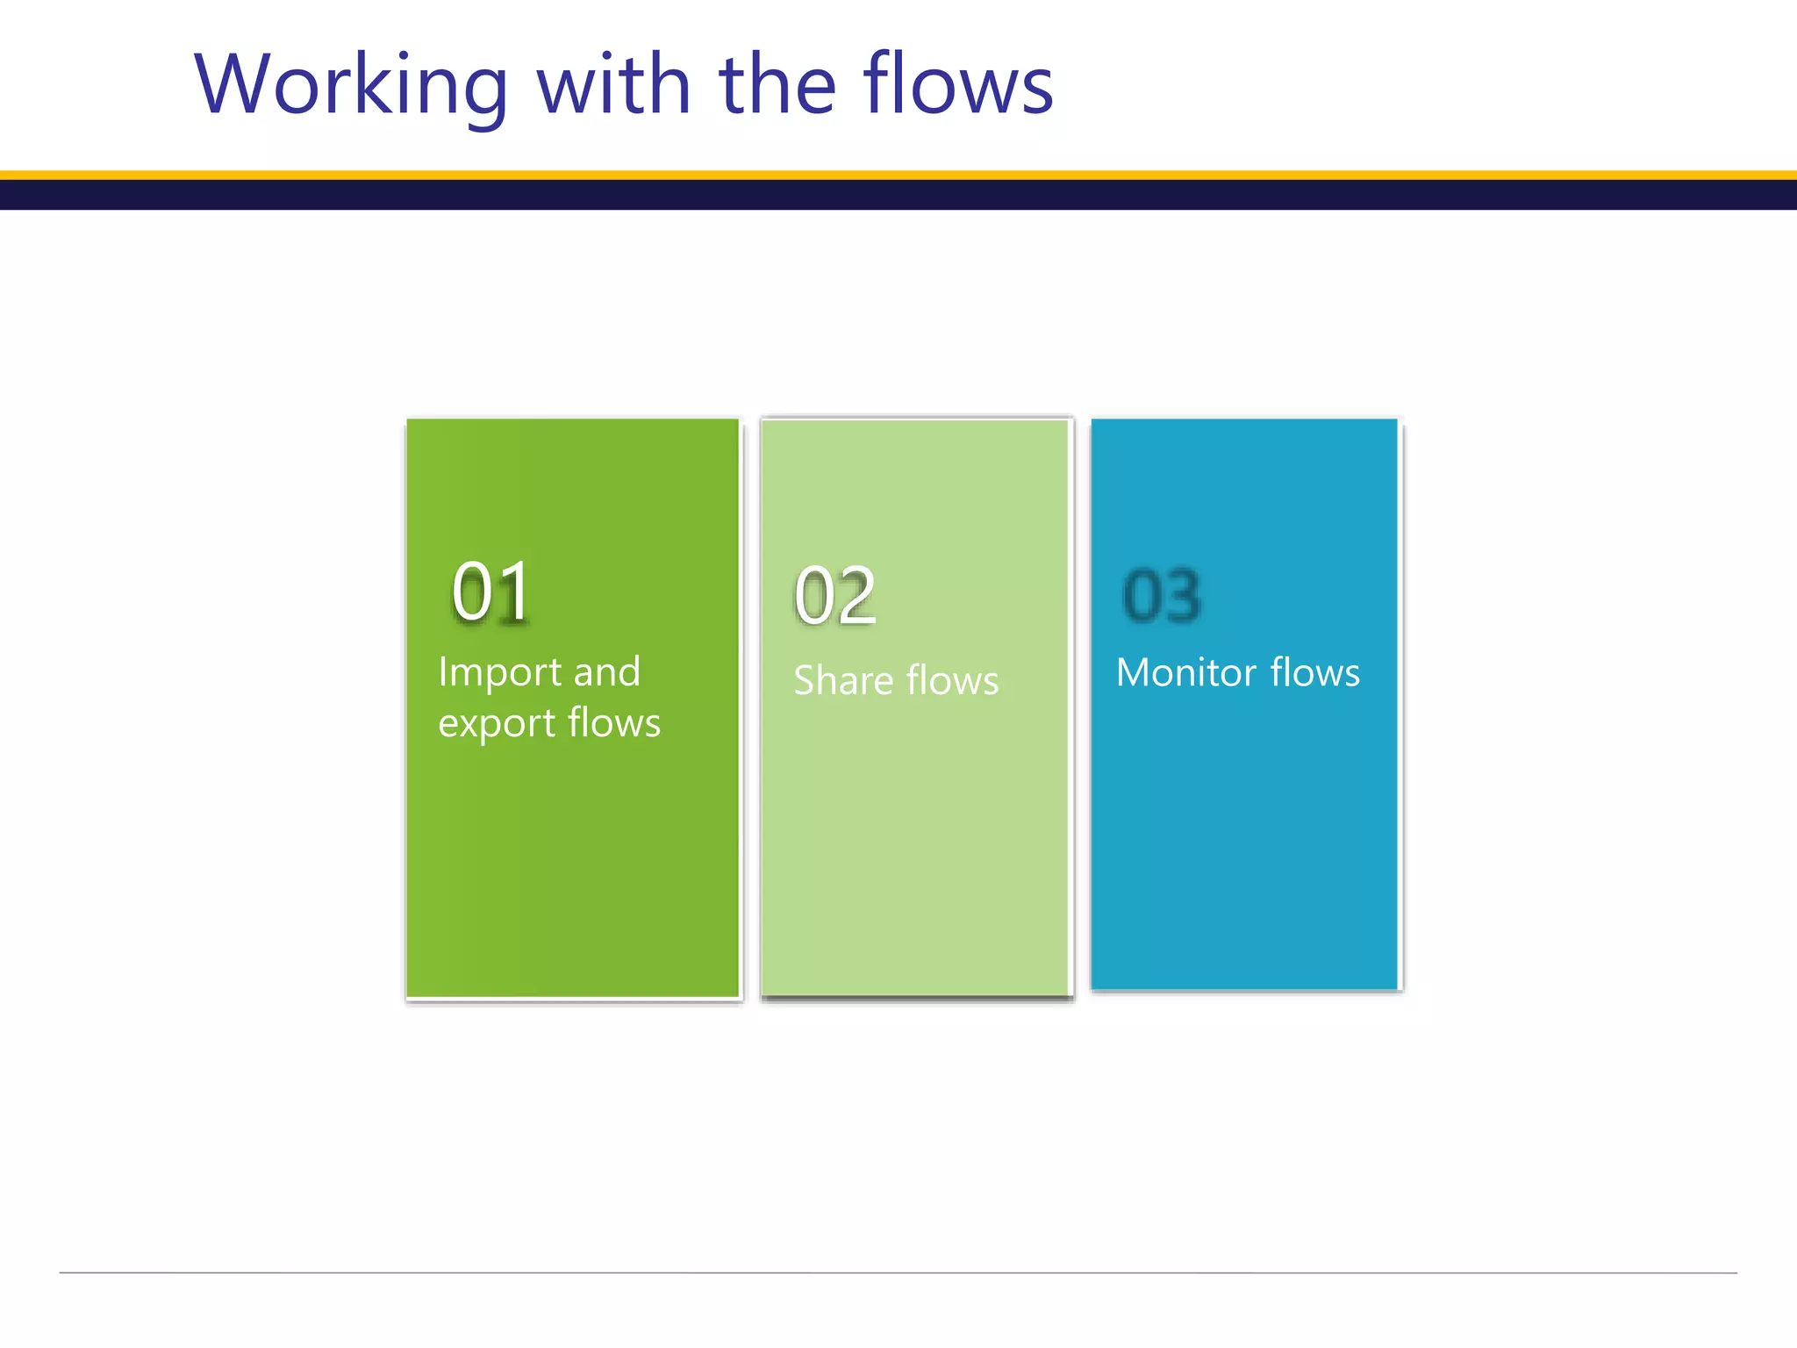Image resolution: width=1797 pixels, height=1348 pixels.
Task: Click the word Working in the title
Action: (x=351, y=85)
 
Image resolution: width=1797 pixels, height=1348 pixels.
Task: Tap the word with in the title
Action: (x=613, y=85)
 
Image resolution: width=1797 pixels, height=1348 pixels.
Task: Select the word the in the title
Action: (x=777, y=85)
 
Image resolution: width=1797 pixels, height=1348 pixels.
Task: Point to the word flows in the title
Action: (x=957, y=85)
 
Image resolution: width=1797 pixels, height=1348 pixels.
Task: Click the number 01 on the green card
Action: (x=491, y=592)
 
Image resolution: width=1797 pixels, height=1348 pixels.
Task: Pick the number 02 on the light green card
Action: (x=834, y=597)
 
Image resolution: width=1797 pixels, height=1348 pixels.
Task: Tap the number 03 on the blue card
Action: (x=1162, y=596)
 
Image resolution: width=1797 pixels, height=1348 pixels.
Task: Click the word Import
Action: (x=500, y=673)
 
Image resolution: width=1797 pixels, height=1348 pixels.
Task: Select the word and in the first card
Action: (x=606, y=673)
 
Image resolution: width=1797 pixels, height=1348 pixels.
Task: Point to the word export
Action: (x=497, y=725)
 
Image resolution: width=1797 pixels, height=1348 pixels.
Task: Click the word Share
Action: (x=841, y=681)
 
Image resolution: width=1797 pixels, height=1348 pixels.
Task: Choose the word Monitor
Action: (x=1186, y=673)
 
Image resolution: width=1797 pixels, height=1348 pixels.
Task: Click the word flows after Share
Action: (x=952, y=681)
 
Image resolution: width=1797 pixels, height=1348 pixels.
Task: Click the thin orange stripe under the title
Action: (x=898, y=176)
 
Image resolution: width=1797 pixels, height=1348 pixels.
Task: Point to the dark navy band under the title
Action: (x=898, y=195)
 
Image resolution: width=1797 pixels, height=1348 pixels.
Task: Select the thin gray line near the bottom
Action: (x=898, y=1273)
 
